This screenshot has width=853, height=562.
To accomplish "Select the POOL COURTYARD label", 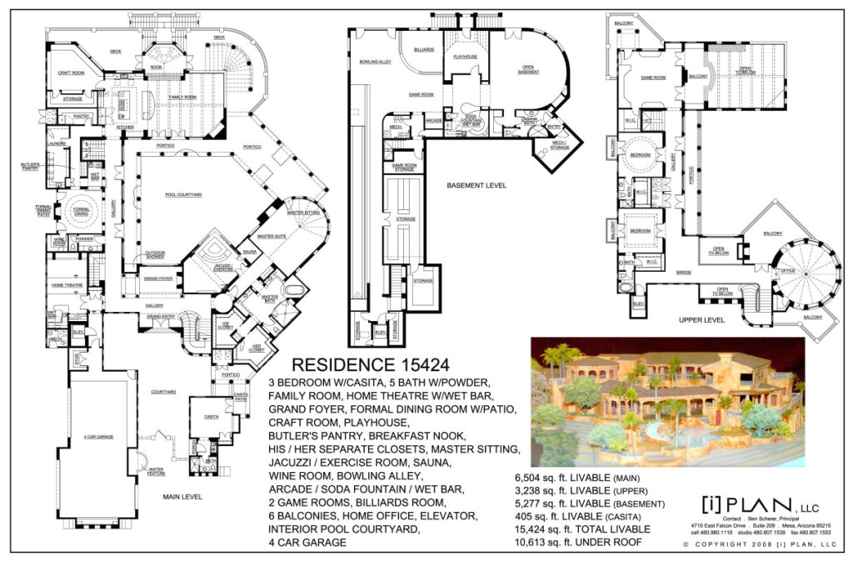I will [x=183, y=194].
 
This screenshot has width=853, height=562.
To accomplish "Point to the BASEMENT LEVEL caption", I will [x=476, y=185].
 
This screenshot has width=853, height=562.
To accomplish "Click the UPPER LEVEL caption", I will [x=701, y=319].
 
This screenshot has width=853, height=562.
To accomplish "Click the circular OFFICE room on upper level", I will [x=787, y=270].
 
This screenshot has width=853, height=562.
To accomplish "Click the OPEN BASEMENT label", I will [x=528, y=69].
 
